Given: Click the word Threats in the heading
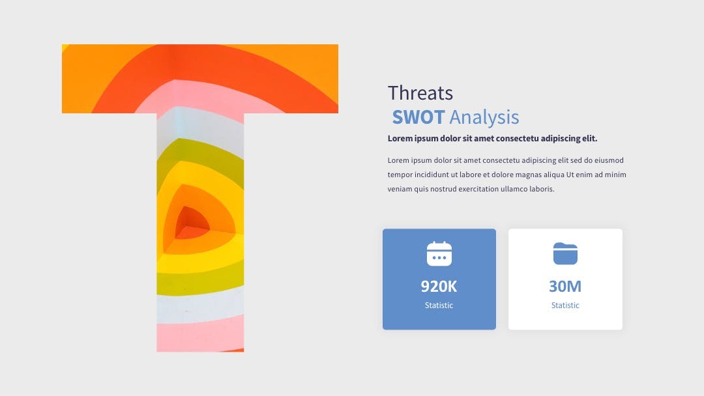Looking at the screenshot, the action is click(x=420, y=93).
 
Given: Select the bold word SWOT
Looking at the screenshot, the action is click(x=418, y=117).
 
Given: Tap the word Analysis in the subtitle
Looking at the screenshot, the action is click(x=484, y=118).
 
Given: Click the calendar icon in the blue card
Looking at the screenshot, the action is click(x=439, y=253).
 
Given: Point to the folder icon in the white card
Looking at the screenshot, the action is click(x=565, y=253).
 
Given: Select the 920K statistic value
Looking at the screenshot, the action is click(x=439, y=286).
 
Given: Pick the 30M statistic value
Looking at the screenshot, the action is click(x=565, y=286).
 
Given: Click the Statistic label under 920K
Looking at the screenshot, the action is click(x=439, y=305).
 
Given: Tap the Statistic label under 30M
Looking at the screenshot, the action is click(x=565, y=305).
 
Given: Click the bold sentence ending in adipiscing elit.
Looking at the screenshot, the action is click(x=493, y=139).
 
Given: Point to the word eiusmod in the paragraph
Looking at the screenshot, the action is click(x=609, y=160).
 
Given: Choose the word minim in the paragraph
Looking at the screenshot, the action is click(x=615, y=175).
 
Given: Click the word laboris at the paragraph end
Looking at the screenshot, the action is click(x=542, y=189).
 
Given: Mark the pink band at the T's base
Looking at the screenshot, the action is click(x=200, y=333).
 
